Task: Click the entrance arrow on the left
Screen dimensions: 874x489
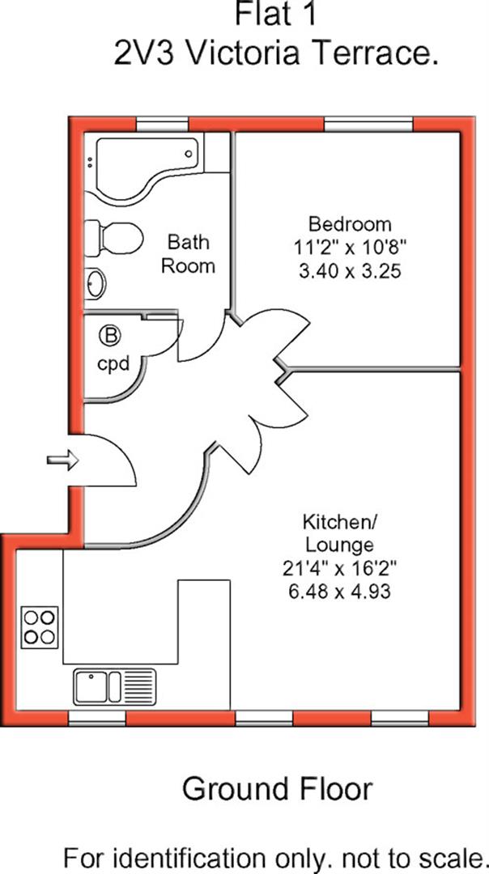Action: [62, 460]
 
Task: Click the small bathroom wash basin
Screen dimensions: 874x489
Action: [95, 283]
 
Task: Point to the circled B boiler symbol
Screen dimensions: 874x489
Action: [107, 333]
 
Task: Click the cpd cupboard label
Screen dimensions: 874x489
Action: [113, 363]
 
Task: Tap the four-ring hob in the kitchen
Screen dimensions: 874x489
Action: [40, 626]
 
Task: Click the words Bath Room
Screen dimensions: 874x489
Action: [188, 253]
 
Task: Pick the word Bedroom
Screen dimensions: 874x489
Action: [350, 223]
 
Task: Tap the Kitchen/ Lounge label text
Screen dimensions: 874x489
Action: [338, 531]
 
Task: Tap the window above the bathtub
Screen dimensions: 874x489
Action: [162, 124]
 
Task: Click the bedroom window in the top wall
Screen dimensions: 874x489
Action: [368, 124]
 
